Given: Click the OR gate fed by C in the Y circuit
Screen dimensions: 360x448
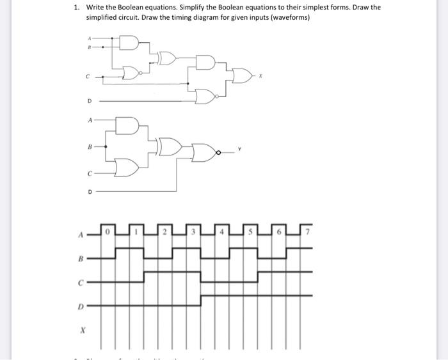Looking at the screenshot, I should point(129,168).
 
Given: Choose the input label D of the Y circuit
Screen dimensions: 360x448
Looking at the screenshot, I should point(90,191).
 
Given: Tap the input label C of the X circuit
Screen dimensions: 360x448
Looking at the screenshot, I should point(88,75).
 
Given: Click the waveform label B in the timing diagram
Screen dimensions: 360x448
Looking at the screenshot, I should point(81,259).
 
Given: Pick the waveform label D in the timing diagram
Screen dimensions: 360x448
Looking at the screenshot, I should point(81,307).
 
